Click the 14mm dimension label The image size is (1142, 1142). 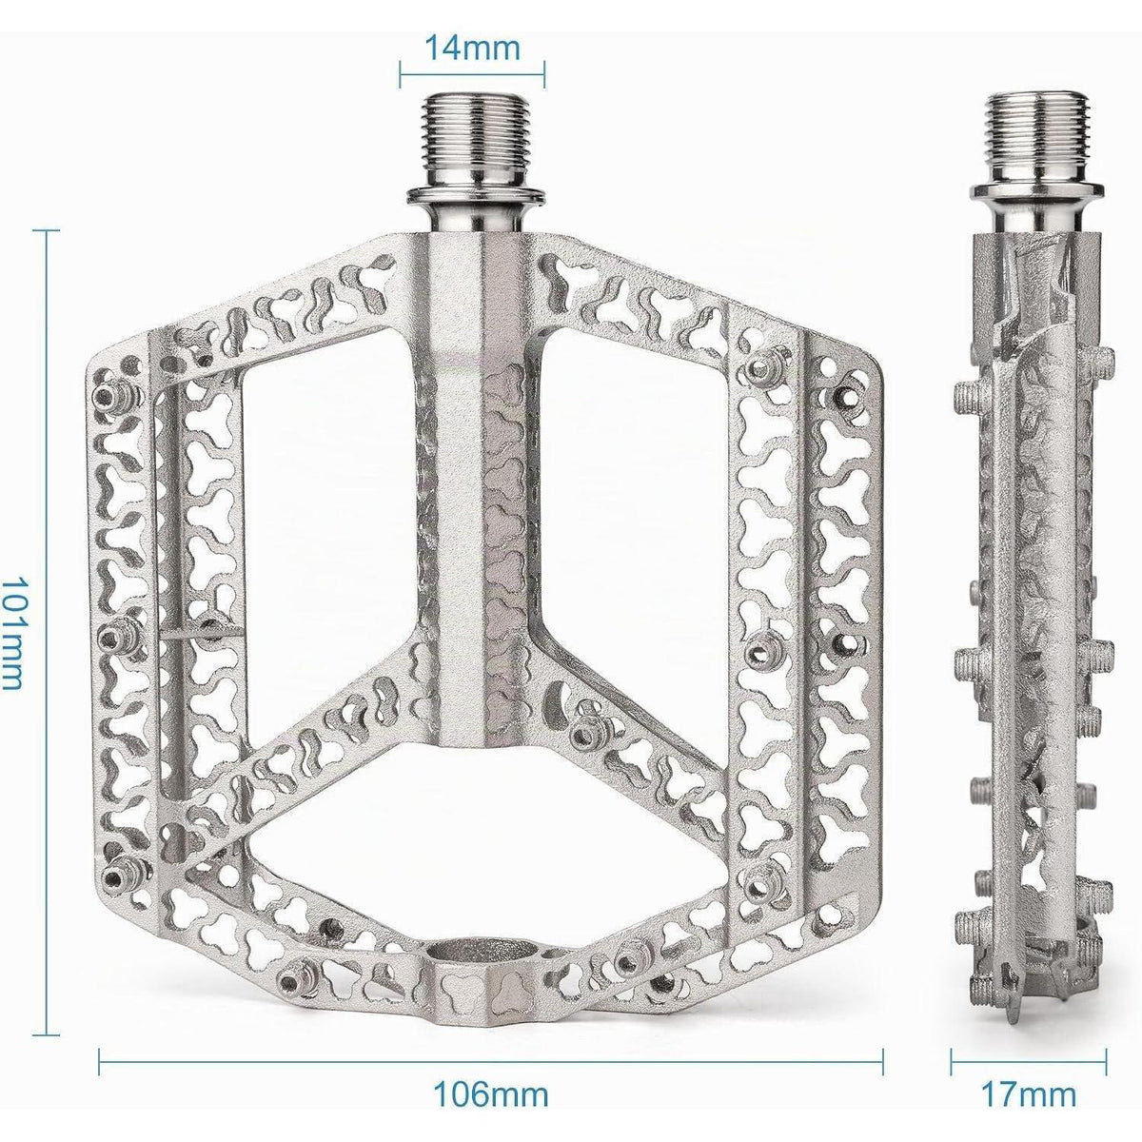[472, 48]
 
